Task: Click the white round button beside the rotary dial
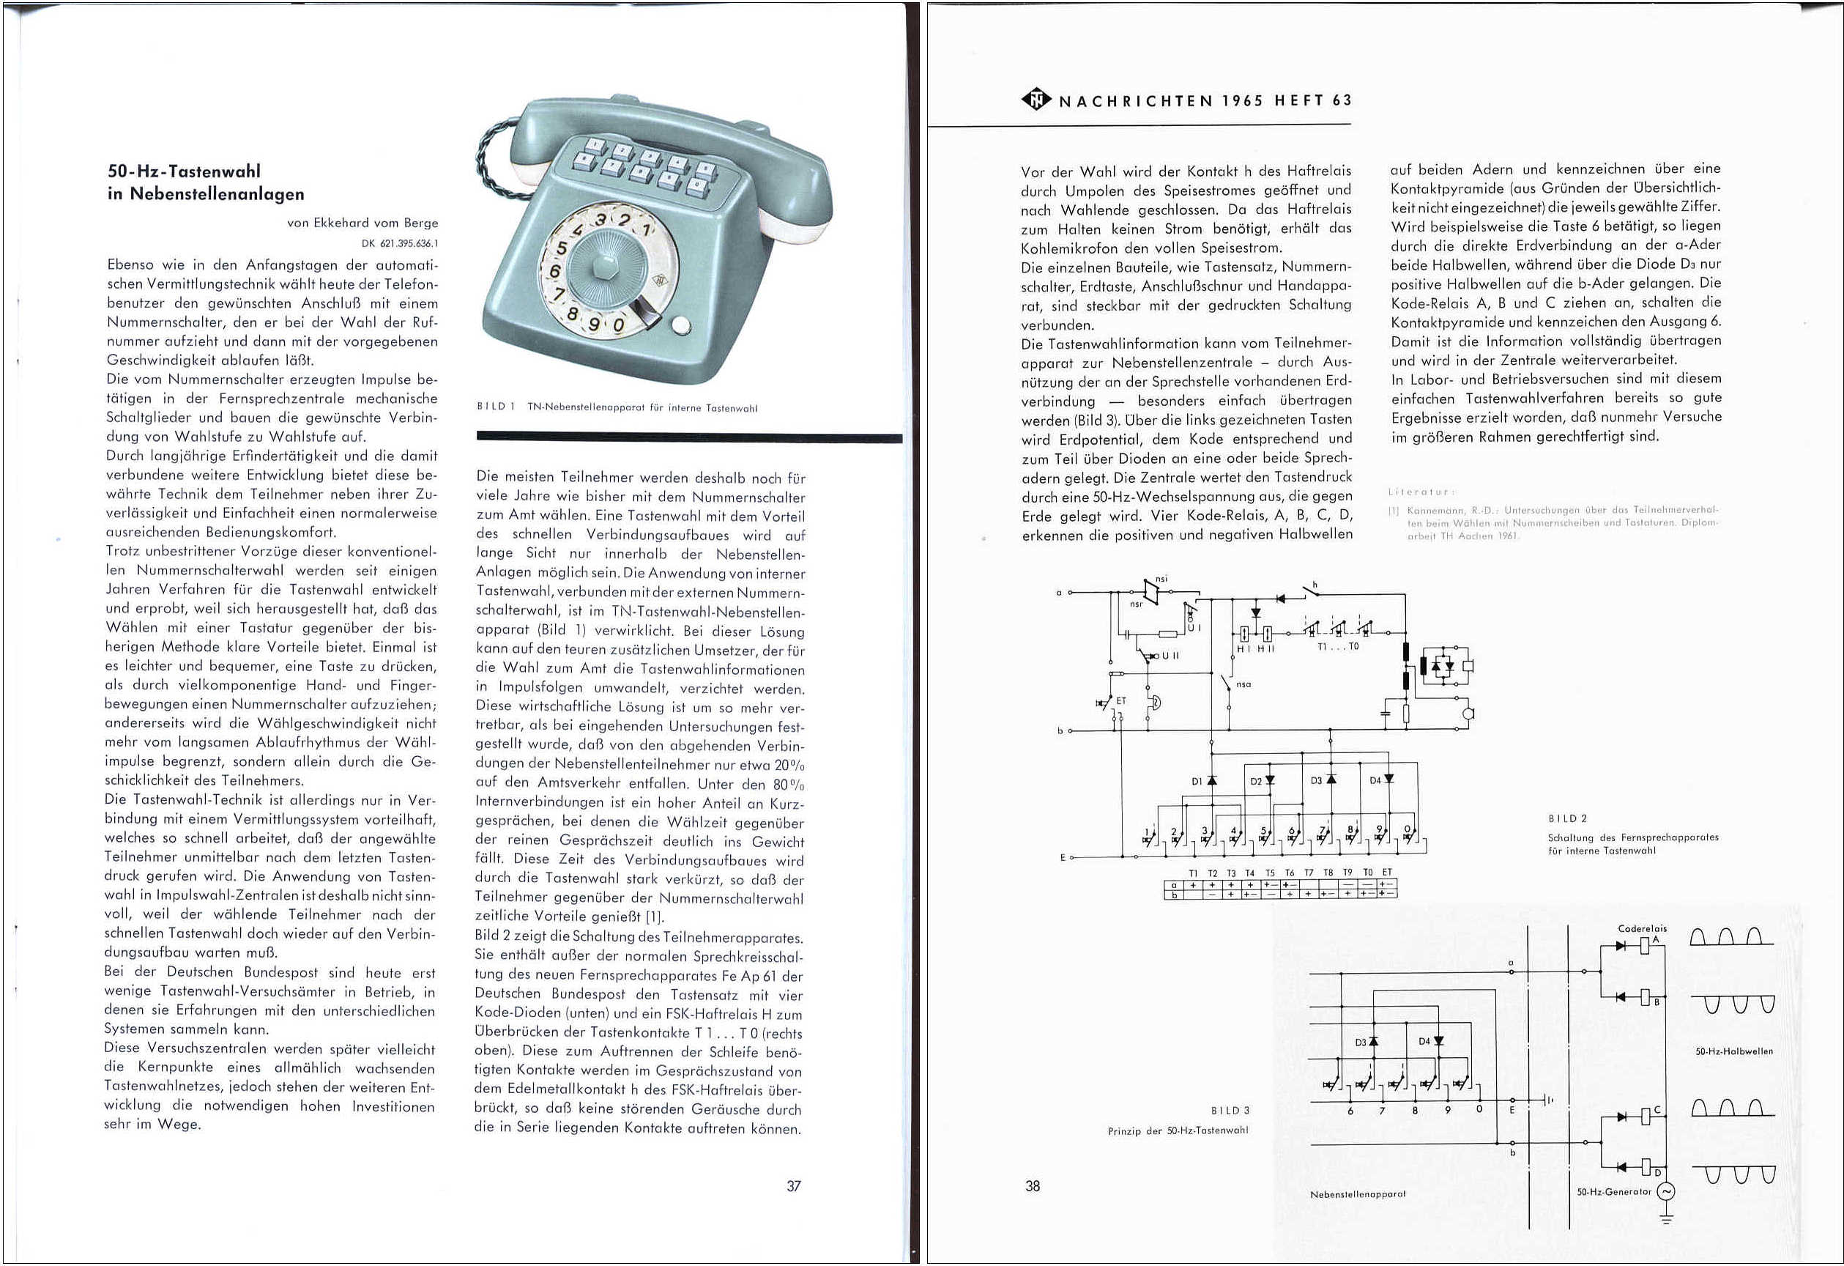click(x=680, y=326)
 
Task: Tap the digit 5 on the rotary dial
click(x=562, y=248)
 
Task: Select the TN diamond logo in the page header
click(x=1036, y=100)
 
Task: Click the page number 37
click(x=793, y=1186)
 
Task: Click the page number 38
click(x=1033, y=1186)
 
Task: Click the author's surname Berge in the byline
click(x=420, y=223)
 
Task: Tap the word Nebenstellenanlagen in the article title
click(x=217, y=193)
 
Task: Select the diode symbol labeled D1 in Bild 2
click(x=1211, y=781)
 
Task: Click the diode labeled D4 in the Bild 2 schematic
click(x=1388, y=780)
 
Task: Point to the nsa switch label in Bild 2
click(x=1243, y=684)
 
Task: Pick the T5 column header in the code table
click(x=1270, y=873)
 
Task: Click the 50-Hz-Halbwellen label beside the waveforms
click(x=1733, y=1051)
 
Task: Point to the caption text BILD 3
click(x=1229, y=1111)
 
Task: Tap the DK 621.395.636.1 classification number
click(x=399, y=244)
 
